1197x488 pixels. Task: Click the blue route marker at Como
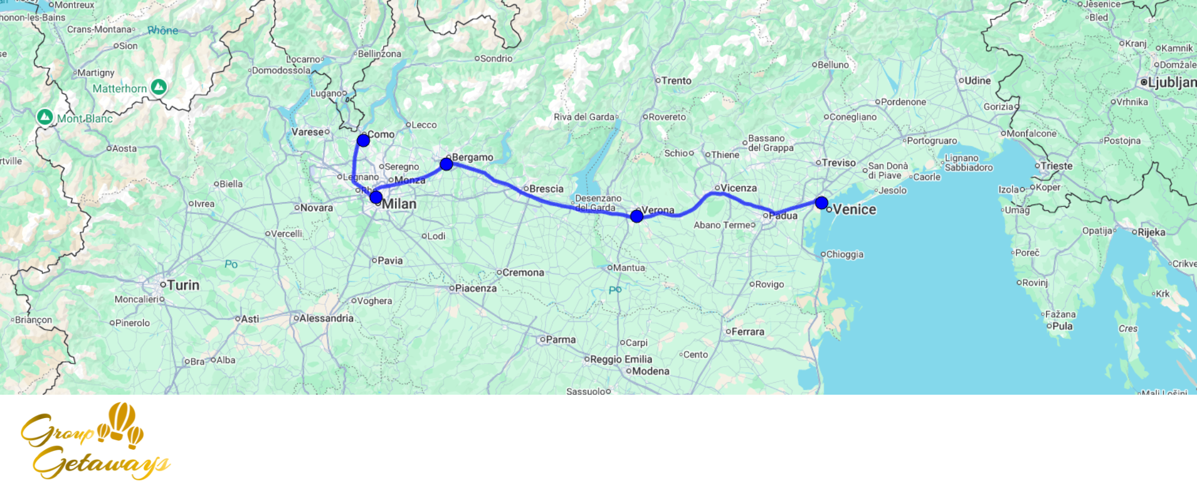363,141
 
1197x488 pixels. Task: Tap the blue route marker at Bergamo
446,164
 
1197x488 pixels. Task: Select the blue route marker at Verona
637,216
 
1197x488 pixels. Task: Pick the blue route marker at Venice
822,203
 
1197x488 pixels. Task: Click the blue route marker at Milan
376,197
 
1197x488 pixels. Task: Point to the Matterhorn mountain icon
159,87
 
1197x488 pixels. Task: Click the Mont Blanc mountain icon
45,117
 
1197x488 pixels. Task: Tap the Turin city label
183,285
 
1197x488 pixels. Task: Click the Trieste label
1056,166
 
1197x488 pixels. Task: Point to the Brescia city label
546,189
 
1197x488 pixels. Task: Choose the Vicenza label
738,188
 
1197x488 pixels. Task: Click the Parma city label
560,340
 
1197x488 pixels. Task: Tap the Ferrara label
748,332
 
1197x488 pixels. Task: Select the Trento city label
676,81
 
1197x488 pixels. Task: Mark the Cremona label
522,273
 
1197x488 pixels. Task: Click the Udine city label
977,81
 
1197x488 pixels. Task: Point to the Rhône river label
163,30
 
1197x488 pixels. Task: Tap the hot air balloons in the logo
122,423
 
